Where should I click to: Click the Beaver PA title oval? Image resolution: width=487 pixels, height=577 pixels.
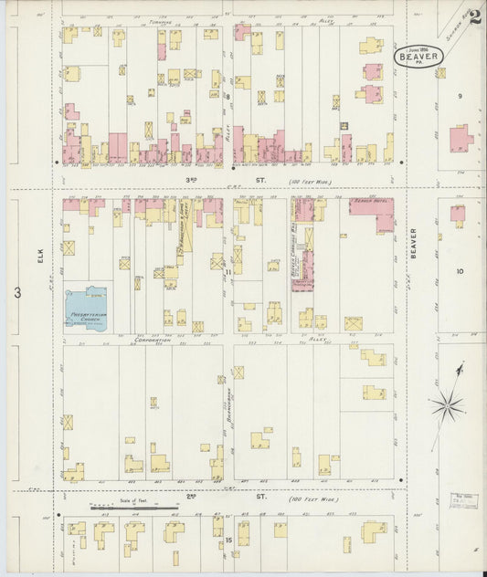click(x=419, y=57)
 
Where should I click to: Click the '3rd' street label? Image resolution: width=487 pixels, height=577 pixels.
click(x=190, y=180)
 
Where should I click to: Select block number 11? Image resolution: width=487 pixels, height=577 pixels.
click(x=228, y=272)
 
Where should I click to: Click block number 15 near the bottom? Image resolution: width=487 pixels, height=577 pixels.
click(x=228, y=540)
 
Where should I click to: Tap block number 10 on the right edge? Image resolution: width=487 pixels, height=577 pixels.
click(x=460, y=271)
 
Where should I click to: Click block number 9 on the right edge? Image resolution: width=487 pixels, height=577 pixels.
click(x=460, y=96)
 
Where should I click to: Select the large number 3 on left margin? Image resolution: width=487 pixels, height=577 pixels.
click(x=17, y=292)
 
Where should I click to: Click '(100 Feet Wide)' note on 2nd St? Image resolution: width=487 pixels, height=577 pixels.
click(x=311, y=498)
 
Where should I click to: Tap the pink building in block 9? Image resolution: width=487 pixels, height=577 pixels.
click(x=460, y=138)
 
